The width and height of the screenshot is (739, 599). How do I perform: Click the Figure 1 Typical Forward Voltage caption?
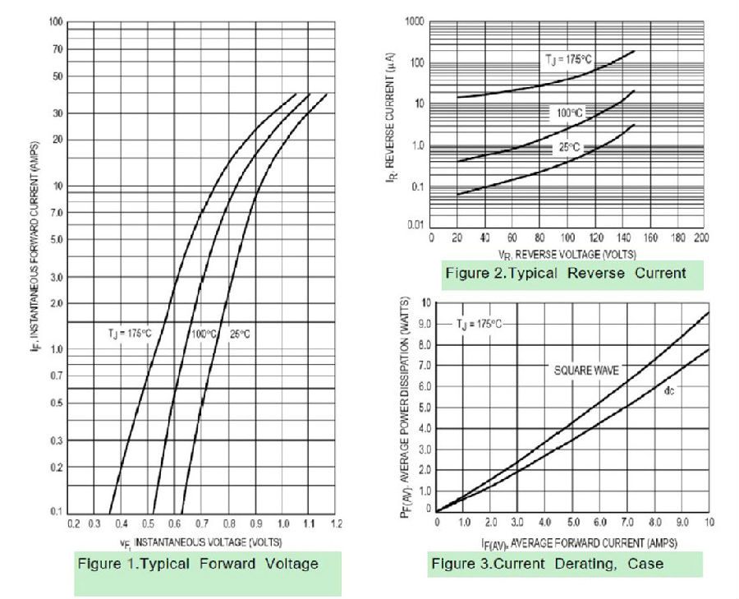197,564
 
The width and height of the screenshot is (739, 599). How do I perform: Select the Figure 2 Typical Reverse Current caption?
565,273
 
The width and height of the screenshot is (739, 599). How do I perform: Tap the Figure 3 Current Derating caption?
547,564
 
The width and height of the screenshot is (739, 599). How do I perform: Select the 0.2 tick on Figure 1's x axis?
74,523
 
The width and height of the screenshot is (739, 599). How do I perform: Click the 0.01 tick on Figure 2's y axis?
415,224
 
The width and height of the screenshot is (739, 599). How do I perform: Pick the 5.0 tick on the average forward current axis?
572,522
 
